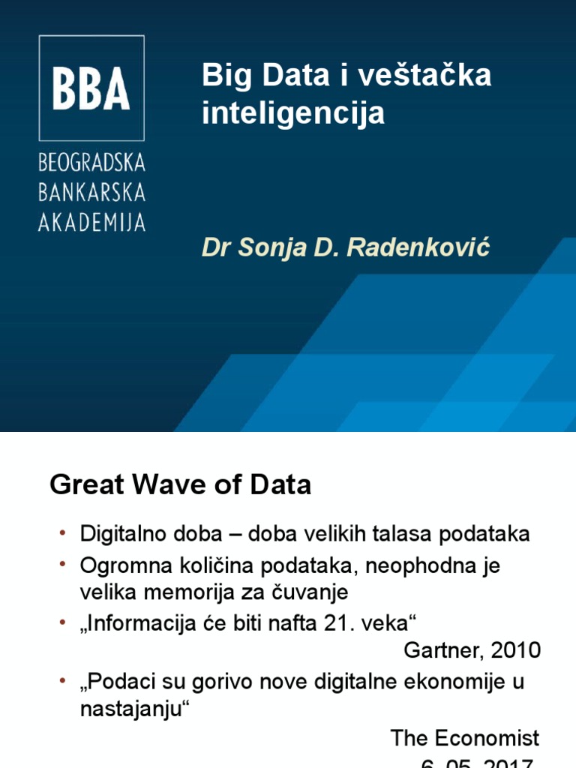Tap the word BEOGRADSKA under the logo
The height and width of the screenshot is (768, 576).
click(91, 163)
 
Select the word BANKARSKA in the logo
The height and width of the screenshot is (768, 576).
click(91, 193)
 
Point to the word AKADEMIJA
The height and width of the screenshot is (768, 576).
click(91, 222)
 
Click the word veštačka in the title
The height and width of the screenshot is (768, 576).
click(426, 76)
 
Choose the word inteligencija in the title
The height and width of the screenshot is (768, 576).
click(293, 113)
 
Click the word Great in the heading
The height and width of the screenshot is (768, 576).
click(85, 485)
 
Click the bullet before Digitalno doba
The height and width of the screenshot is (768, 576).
click(63, 533)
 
